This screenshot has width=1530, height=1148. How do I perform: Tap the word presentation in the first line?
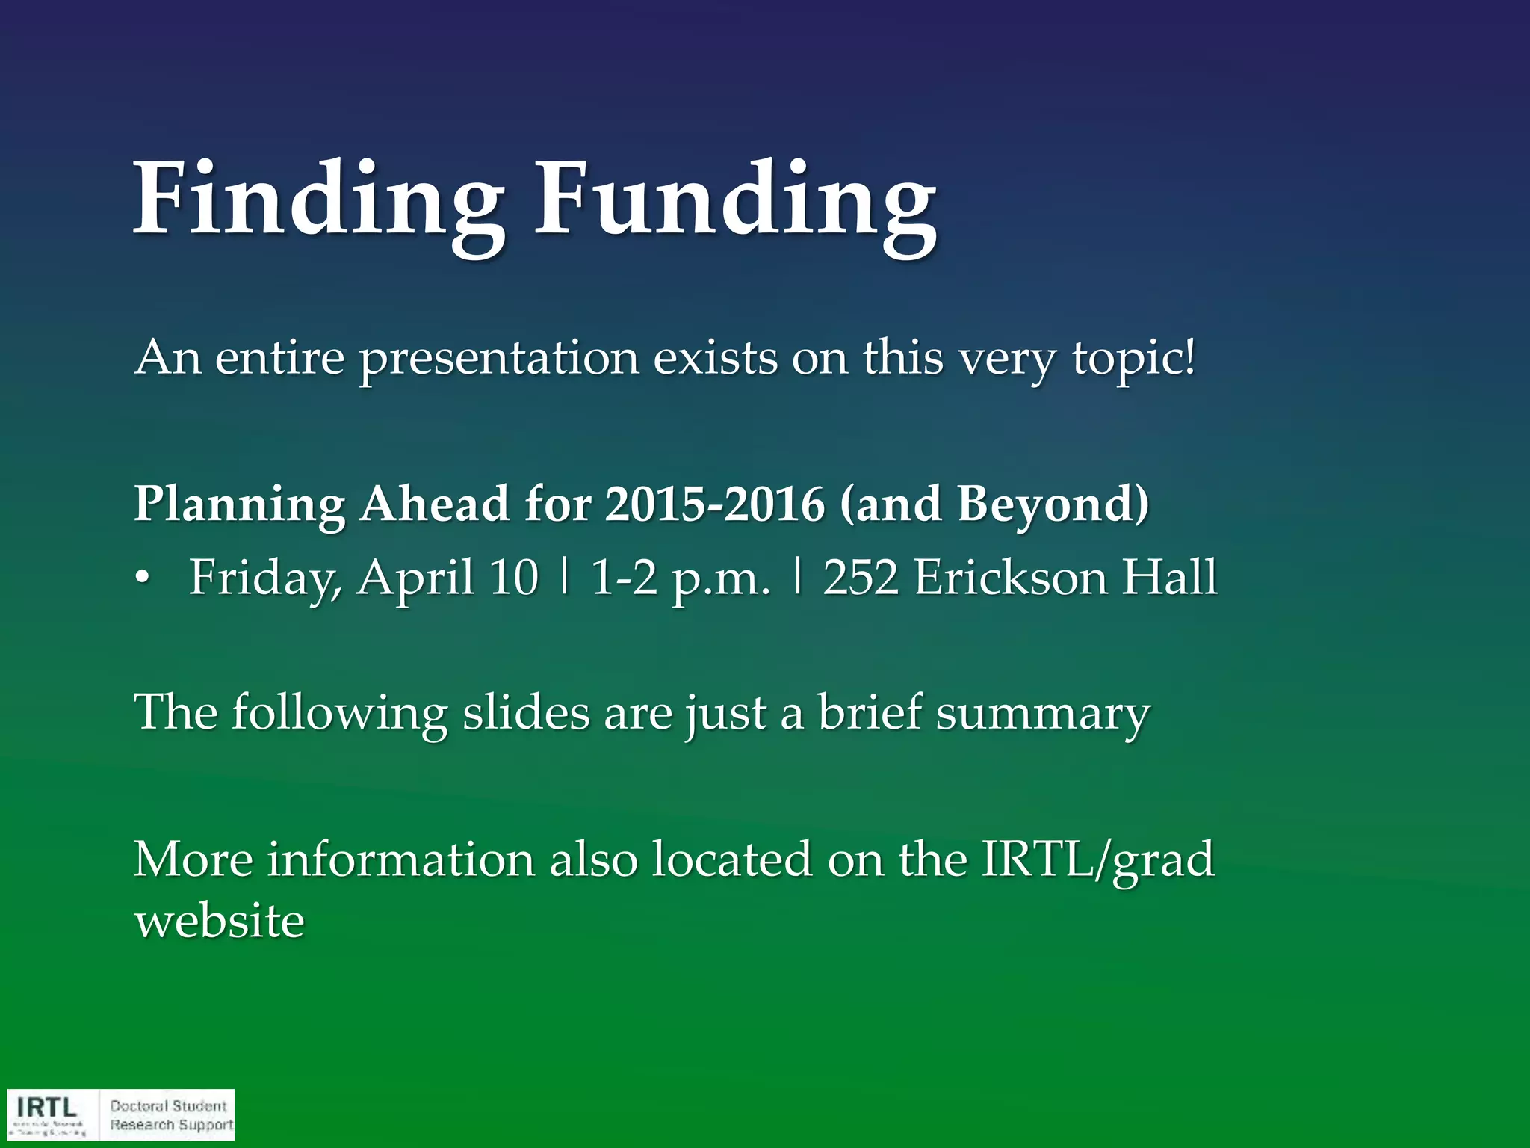tap(499, 359)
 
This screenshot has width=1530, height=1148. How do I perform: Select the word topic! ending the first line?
tap(1133, 359)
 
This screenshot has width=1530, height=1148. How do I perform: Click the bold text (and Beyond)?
tap(994, 504)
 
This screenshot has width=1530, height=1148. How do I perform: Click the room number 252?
tap(861, 578)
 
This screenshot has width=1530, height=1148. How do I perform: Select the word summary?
tap(1043, 714)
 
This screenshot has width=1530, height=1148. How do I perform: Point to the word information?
tap(401, 860)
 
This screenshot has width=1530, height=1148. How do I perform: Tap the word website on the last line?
tap(220, 921)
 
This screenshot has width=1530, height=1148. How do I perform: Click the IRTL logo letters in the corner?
tap(46, 1107)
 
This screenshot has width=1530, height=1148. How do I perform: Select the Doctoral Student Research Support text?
tap(171, 1115)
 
